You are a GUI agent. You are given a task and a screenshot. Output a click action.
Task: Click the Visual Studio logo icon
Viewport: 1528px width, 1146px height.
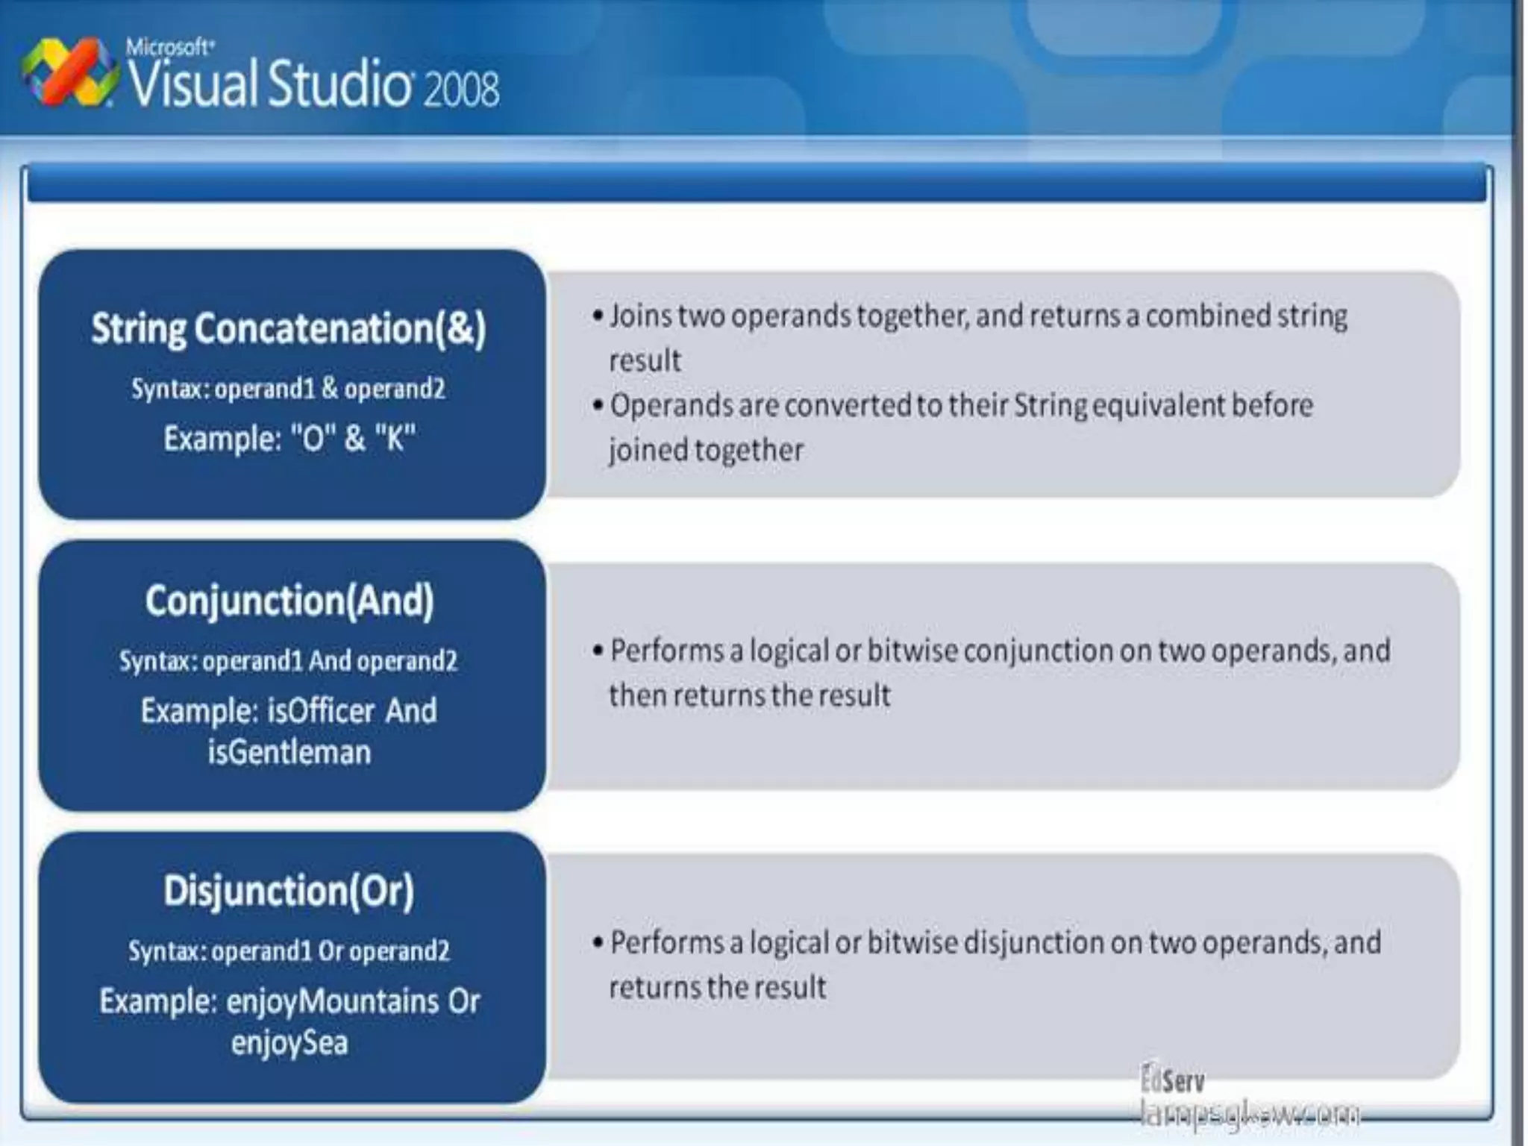(x=69, y=73)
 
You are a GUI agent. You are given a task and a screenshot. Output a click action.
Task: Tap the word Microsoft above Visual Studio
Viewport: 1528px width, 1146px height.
(x=170, y=48)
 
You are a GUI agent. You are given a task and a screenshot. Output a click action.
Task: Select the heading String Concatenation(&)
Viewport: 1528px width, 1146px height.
(x=289, y=329)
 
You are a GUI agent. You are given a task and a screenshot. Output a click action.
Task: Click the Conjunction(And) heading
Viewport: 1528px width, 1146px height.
(x=289, y=601)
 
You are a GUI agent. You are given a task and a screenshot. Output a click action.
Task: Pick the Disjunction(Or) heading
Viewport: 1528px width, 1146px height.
(x=289, y=891)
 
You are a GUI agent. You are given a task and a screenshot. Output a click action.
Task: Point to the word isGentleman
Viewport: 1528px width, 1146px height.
(x=289, y=752)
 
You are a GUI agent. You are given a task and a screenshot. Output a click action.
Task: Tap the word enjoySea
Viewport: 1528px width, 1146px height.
(x=289, y=1042)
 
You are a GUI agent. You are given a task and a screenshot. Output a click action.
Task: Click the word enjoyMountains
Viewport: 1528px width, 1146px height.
(x=332, y=1001)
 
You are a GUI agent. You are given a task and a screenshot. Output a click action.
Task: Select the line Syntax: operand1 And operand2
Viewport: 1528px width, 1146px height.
(x=289, y=661)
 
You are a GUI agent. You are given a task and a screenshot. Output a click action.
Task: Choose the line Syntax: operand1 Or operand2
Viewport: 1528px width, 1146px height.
(x=289, y=951)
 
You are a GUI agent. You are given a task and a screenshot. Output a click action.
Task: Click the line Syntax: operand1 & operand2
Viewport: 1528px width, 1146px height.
(x=289, y=389)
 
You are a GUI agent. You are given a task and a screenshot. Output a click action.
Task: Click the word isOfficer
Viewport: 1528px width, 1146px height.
(x=321, y=711)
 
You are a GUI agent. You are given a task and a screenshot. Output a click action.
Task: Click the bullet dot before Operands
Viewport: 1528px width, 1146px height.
(x=598, y=406)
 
